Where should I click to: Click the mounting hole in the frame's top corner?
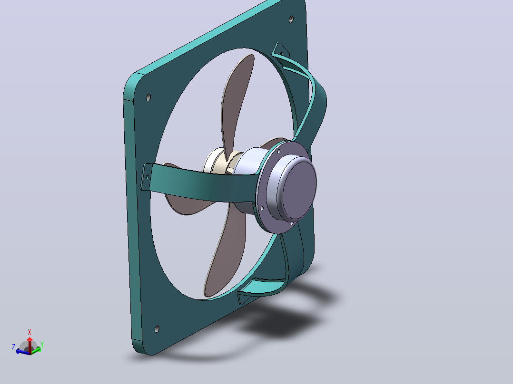tap(291, 19)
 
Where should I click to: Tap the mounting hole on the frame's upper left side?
tap(148, 97)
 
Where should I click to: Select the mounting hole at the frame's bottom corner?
tap(157, 329)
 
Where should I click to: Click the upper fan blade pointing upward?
tap(237, 105)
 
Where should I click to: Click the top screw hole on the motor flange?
tap(279, 152)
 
